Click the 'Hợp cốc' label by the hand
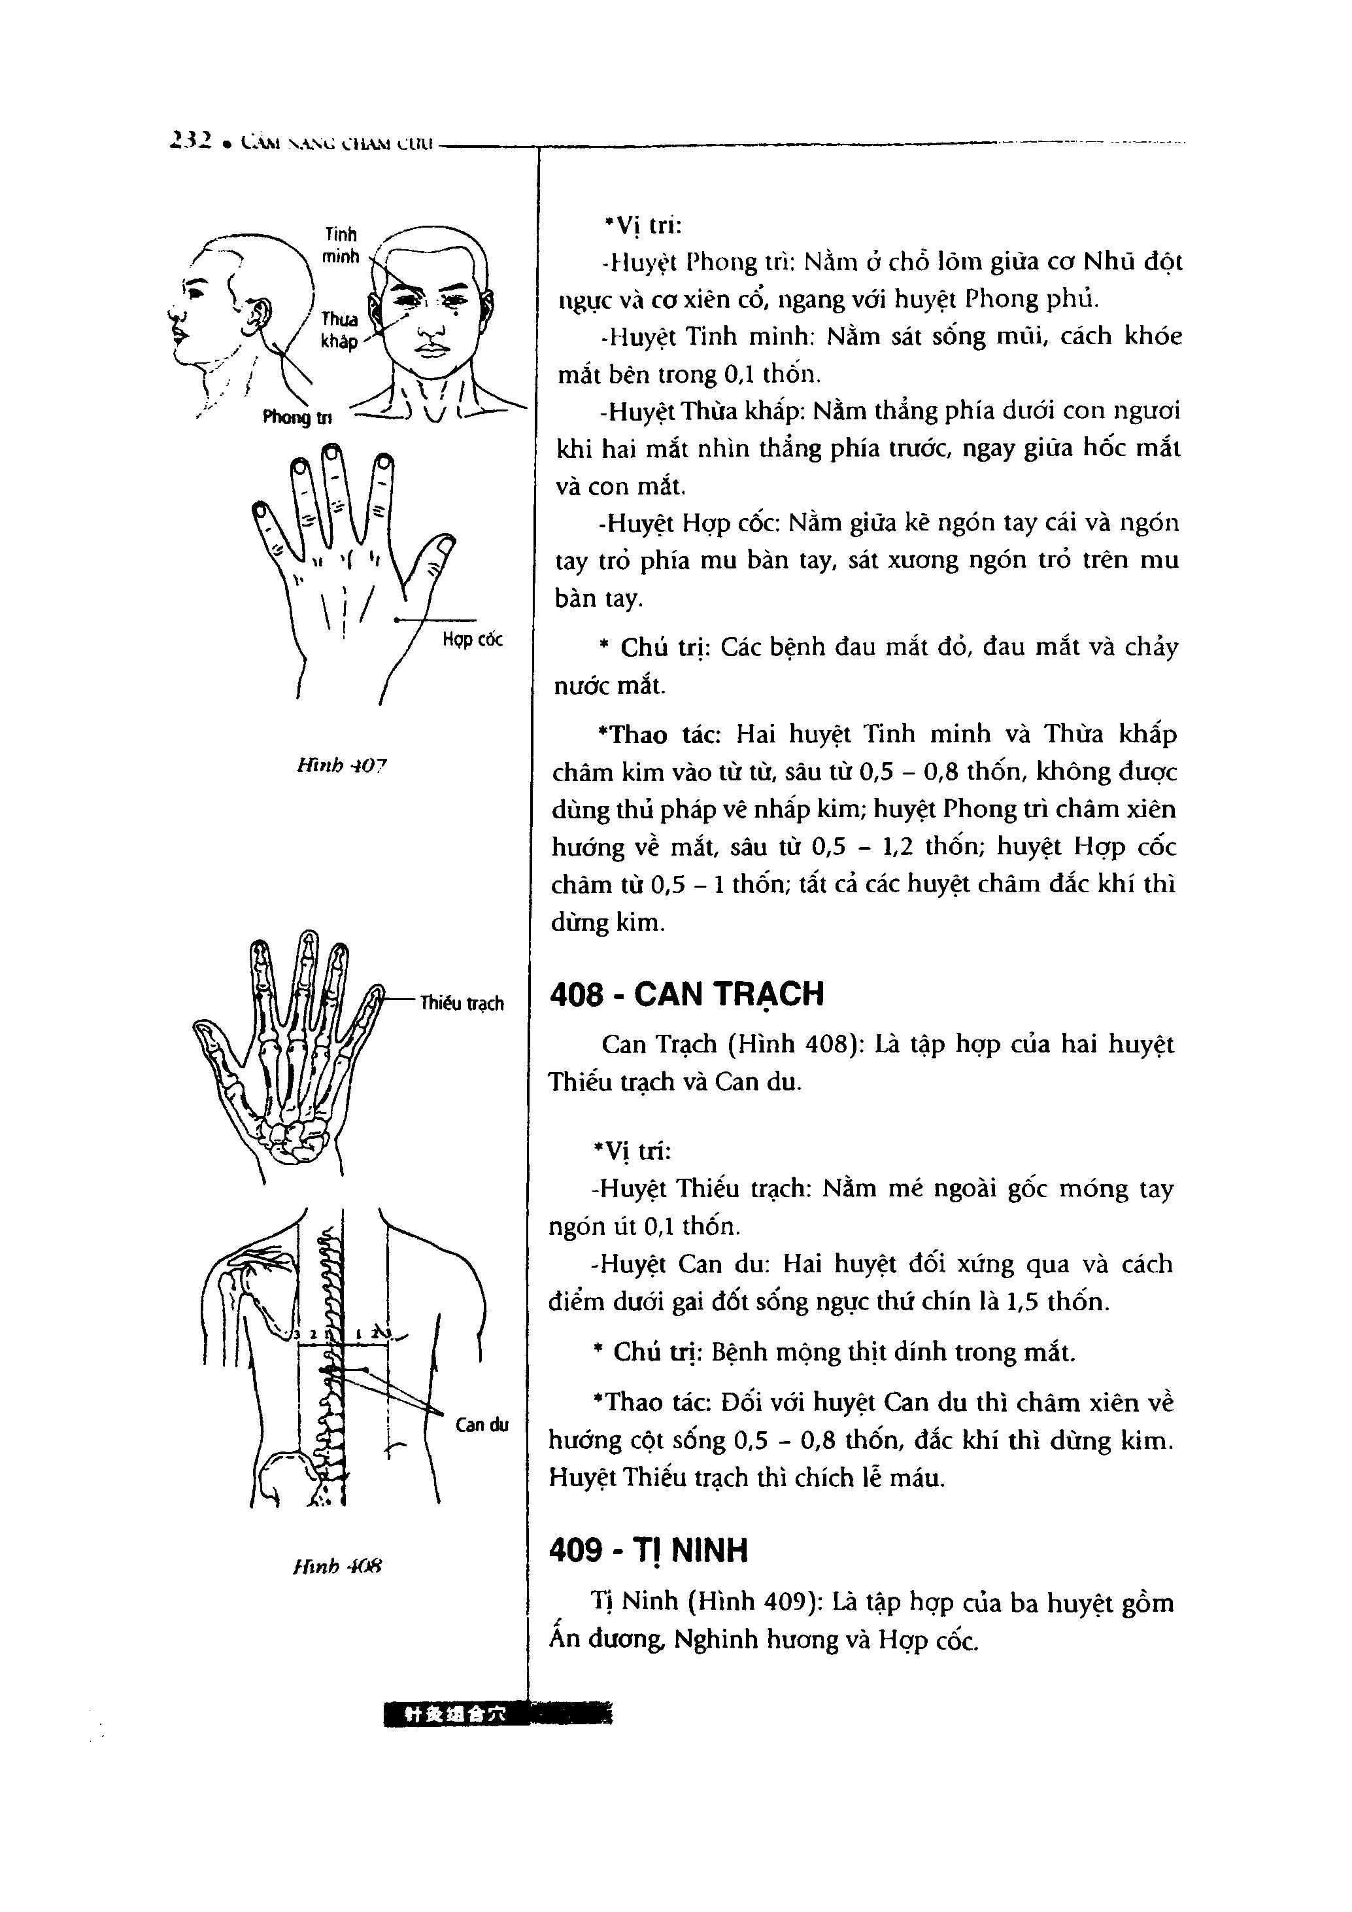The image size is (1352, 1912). click(472, 640)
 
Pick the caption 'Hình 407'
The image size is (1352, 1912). click(341, 765)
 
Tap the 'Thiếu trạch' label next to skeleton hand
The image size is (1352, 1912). click(462, 1003)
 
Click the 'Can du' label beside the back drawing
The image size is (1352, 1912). click(481, 1425)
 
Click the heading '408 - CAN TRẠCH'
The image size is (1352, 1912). click(687, 994)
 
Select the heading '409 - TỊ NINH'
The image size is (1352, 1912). click(649, 1550)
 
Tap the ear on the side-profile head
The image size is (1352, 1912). click(259, 314)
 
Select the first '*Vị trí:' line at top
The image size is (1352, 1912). click(643, 225)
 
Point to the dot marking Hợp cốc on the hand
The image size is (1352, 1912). click(396, 619)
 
